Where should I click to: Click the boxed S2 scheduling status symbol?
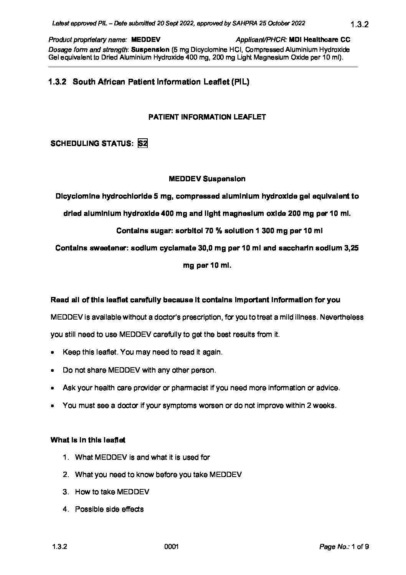point(142,143)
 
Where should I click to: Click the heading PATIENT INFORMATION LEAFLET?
point(207,117)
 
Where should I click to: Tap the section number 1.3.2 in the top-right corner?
point(360,25)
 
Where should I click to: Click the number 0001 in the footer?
point(172,547)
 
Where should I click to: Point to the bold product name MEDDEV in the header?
point(145,40)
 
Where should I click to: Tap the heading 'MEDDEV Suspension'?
point(207,179)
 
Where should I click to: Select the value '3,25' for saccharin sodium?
point(350,248)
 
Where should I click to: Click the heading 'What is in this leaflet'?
point(88,440)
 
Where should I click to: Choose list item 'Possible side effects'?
point(109,509)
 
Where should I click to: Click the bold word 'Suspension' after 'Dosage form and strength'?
point(150,50)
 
